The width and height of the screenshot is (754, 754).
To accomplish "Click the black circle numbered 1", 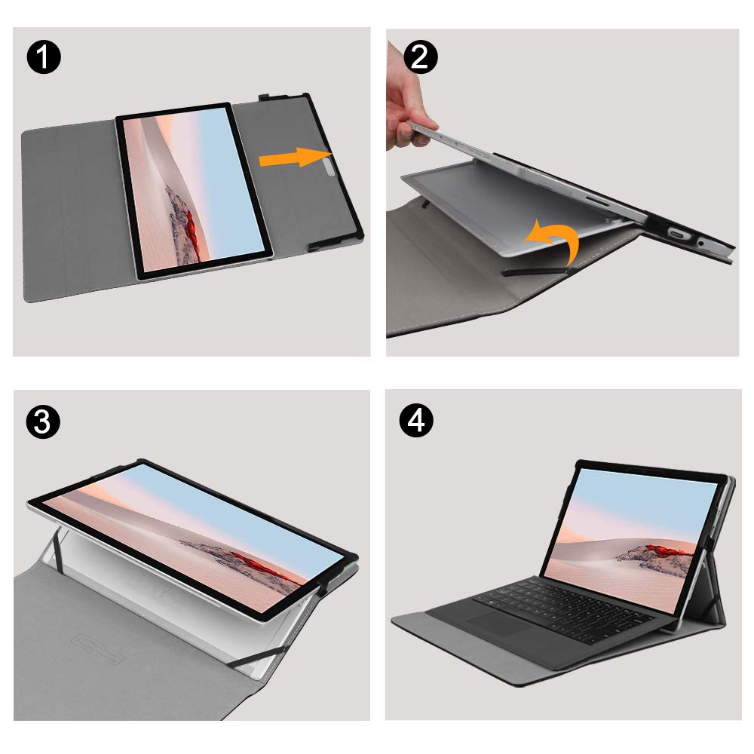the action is [44, 57].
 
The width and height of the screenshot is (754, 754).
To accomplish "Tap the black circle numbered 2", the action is [420, 57].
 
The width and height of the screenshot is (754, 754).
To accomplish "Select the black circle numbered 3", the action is [43, 422].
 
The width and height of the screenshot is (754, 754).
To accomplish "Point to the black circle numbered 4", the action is [416, 420].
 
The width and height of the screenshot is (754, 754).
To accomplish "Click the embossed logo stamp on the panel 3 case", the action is [98, 650].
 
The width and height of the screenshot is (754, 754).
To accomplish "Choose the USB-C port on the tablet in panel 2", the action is [678, 234].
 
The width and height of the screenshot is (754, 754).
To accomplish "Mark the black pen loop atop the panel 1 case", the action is [270, 97].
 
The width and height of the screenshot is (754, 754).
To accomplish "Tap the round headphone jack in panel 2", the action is [701, 243].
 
